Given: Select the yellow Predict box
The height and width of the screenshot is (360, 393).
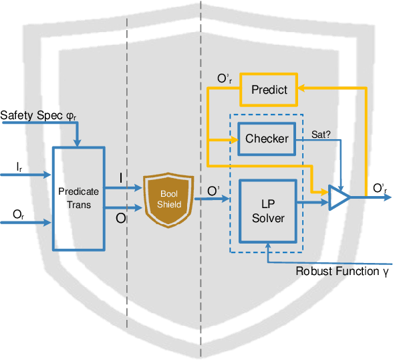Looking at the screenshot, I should coord(269,89).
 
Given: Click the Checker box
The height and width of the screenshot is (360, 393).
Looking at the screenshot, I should coord(267,139).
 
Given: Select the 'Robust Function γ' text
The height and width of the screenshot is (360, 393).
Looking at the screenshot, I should coord(342,271).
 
